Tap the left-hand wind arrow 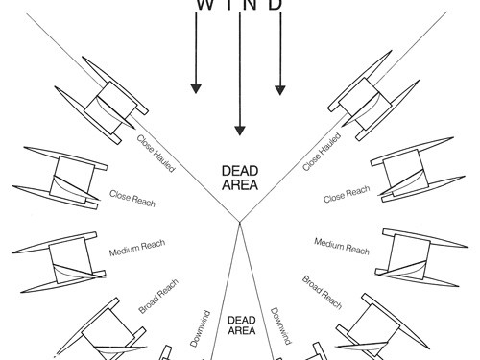pyautogui.click(x=196, y=58)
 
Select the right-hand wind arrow pyautogui.click(x=279, y=58)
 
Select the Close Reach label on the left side pyautogui.click(x=132, y=199)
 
